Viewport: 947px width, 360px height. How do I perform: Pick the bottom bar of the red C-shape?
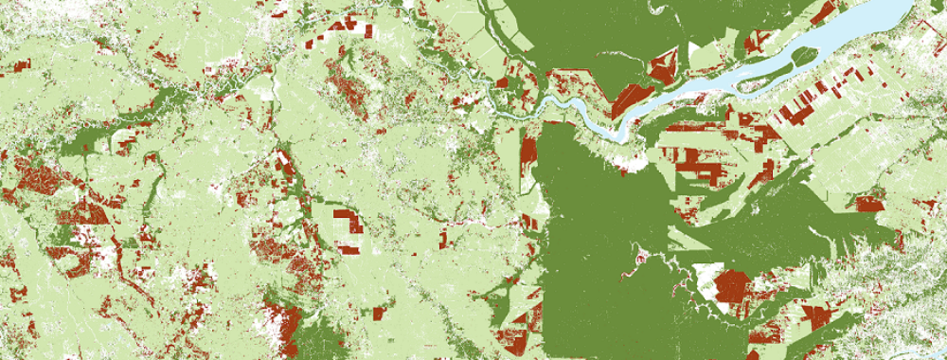point(348,249)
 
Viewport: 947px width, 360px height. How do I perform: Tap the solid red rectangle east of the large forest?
point(868,204)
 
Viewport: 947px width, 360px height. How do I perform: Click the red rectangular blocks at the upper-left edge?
point(19,66)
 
